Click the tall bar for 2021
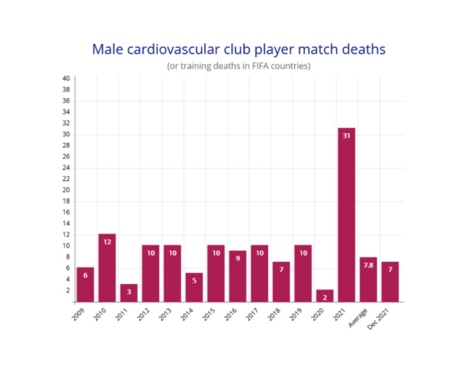(x=346, y=215)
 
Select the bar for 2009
(x=85, y=285)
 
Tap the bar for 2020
(x=325, y=296)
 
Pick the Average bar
(x=368, y=279)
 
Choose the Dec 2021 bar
(x=390, y=282)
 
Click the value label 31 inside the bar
(x=347, y=136)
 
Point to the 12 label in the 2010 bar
(x=107, y=242)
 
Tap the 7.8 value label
(x=369, y=265)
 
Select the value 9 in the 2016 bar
(x=238, y=258)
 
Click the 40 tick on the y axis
(x=66, y=79)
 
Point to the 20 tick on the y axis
(x=66, y=190)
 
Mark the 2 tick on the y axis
(x=68, y=291)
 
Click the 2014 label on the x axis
(x=187, y=314)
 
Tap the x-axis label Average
(x=358, y=318)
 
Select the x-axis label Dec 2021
(x=378, y=319)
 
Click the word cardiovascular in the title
(x=173, y=49)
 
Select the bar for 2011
(x=129, y=293)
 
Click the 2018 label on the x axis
(x=274, y=314)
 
